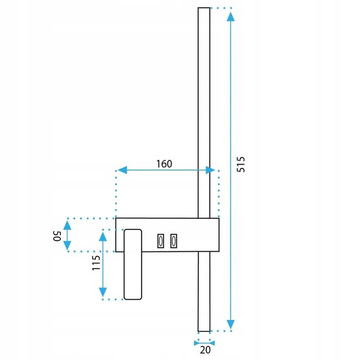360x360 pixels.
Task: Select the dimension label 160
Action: point(164,164)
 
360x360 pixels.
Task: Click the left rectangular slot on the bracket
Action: point(159,241)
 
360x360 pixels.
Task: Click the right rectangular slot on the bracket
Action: point(173,241)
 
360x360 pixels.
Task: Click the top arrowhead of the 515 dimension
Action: point(230,17)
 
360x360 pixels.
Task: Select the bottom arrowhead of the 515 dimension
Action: point(230,324)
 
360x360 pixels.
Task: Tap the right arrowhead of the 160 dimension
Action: point(210,170)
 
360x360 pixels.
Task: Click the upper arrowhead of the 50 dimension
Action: point(67,223)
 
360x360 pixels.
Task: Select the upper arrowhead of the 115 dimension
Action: point(103,235)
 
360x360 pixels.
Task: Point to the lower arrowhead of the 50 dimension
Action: point(67,246)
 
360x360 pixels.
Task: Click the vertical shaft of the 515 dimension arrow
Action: point(230,112)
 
